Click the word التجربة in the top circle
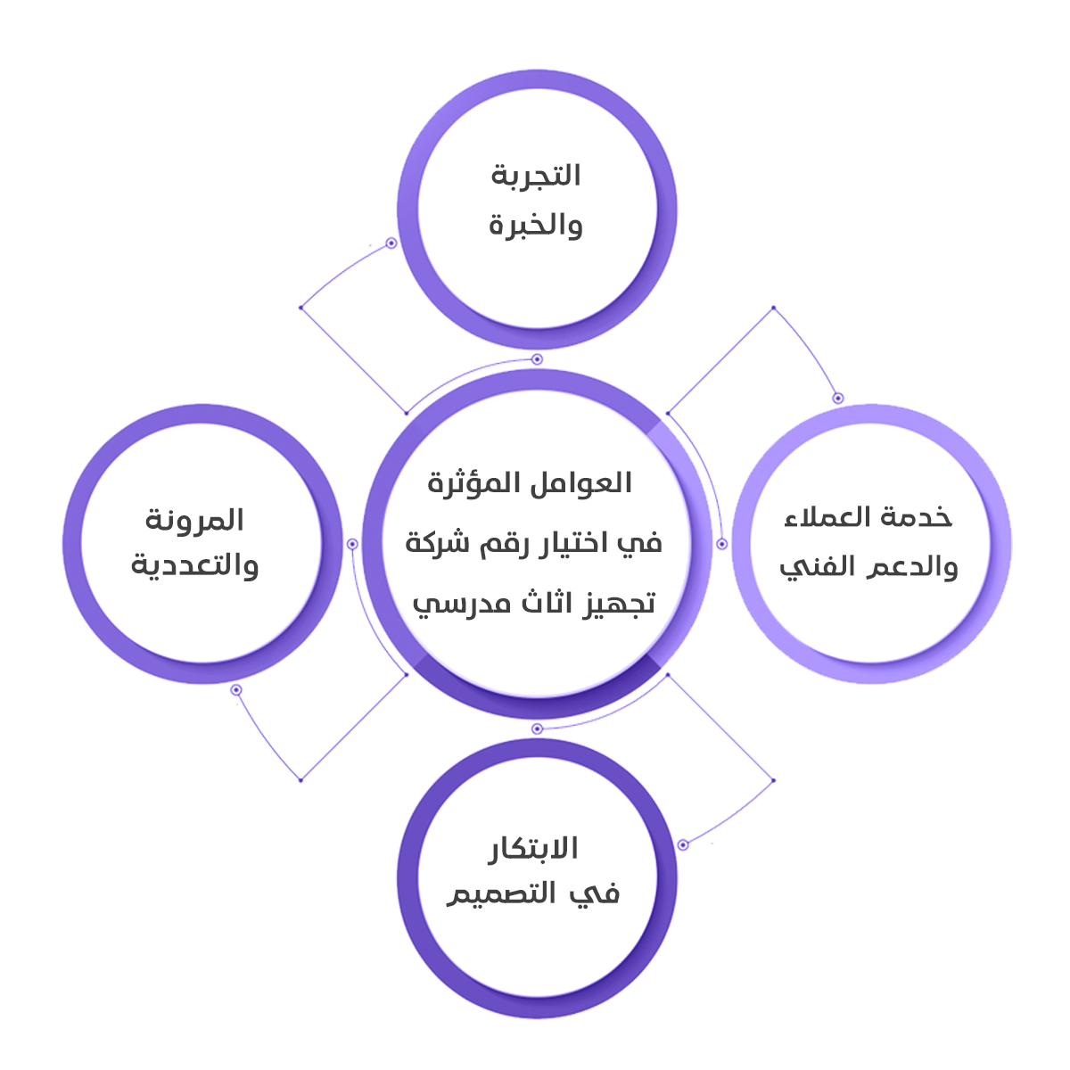(536, 176)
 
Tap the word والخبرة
(536, 225)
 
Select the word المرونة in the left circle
(195, 520)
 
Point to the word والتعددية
(195, 566)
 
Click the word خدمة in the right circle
(923, 517)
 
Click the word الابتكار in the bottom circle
(533, 848)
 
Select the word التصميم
(501, 894)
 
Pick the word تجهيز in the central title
(621, 603)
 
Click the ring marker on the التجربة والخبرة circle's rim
(391, 243)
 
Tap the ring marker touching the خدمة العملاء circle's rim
(837, 398)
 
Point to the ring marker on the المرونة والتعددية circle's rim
(236, 690)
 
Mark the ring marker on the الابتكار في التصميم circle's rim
(683, 844)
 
